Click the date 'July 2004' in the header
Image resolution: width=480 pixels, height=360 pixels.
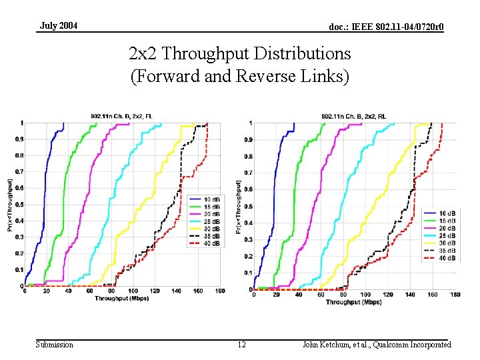click(59, 25)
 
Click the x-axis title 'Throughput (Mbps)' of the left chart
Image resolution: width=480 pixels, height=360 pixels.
click(116, 299)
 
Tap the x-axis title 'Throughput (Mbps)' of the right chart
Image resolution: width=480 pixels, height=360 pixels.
click(353, 302)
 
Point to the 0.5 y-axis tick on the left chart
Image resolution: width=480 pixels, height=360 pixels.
click(19, 205)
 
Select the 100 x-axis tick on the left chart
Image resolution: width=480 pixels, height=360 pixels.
click(133, 291)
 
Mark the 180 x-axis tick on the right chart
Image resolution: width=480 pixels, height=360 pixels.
click(455, 295)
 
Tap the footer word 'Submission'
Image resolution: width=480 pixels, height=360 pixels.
click(55, 345)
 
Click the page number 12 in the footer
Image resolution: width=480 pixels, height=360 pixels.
click(242, 345)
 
